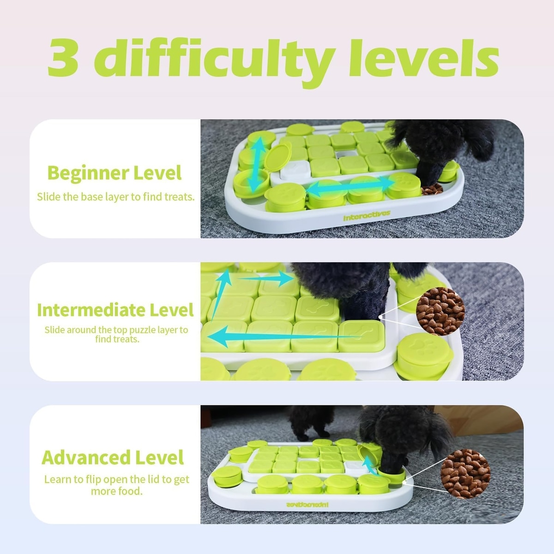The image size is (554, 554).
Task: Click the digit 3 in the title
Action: tap(63, 58)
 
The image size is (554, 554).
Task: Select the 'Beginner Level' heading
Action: tap(114, 173)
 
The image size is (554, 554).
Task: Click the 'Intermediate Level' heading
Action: tap(115, 310)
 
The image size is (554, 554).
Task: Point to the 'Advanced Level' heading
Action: tap(113, 458)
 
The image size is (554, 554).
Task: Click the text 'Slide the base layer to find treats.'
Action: tap(115, 197)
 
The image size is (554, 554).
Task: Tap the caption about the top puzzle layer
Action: tap(116, 334)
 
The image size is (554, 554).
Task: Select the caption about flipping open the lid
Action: tap(117, 485)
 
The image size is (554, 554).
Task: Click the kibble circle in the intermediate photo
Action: tap(440, 311)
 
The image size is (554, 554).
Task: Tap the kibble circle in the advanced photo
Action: tap(465, 474)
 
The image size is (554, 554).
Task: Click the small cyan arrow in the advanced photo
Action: tap(370, 465)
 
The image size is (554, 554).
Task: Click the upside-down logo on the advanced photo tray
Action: tap(307, 504)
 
